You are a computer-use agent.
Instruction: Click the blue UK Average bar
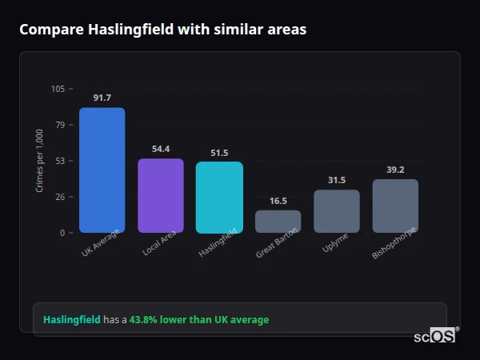pyautogui.click(x=102, y=170)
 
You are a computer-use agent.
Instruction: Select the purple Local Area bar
pyautogui.click(x=160, y=195)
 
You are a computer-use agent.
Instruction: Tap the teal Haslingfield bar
pyautogui.click(x=219, y=197)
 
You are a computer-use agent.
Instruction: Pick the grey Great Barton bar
pyautogui.click(x=278, y=221)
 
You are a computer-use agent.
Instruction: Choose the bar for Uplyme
pyautogui.click(x=336, y=210)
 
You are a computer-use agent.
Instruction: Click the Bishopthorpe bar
pyautogui.click(x=395, y=206)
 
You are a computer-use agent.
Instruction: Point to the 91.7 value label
pyautogui.click(x=102, y=98)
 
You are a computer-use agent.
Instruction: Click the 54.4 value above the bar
pyautogui.click(x=161, y=149)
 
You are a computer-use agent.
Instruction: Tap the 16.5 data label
pyautogui.click(x=278, y=201)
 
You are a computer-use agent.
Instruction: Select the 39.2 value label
pyautogui.click(x=395, y=170)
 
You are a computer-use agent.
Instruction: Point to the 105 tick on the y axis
pyautogui.click(x=58, y=89)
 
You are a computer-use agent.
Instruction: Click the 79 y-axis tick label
pyautogui.click(x=60, y=125)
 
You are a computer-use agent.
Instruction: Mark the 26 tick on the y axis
pyautogui.click(x=60, y=197)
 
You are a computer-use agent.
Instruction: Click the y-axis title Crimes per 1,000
pyautogui.click(x=40, y=160)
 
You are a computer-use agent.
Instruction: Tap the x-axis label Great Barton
pyautogui.click(x=278, y=242)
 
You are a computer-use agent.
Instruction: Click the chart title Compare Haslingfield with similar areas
pyautogui.click(x=162, y=30)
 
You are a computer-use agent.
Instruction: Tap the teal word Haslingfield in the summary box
pyautogui.click(x=72, y=320)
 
